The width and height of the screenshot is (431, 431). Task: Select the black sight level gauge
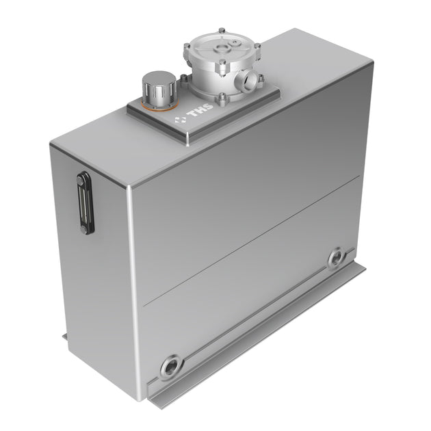tap(84, 203)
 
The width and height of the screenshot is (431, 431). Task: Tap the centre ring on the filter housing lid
tap(222, 49)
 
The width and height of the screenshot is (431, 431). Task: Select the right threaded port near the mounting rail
tap(336, 259)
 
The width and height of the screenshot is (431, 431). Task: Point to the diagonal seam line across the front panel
tap(253, 239)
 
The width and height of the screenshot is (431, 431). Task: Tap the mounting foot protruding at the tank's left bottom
tap(65, 337)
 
